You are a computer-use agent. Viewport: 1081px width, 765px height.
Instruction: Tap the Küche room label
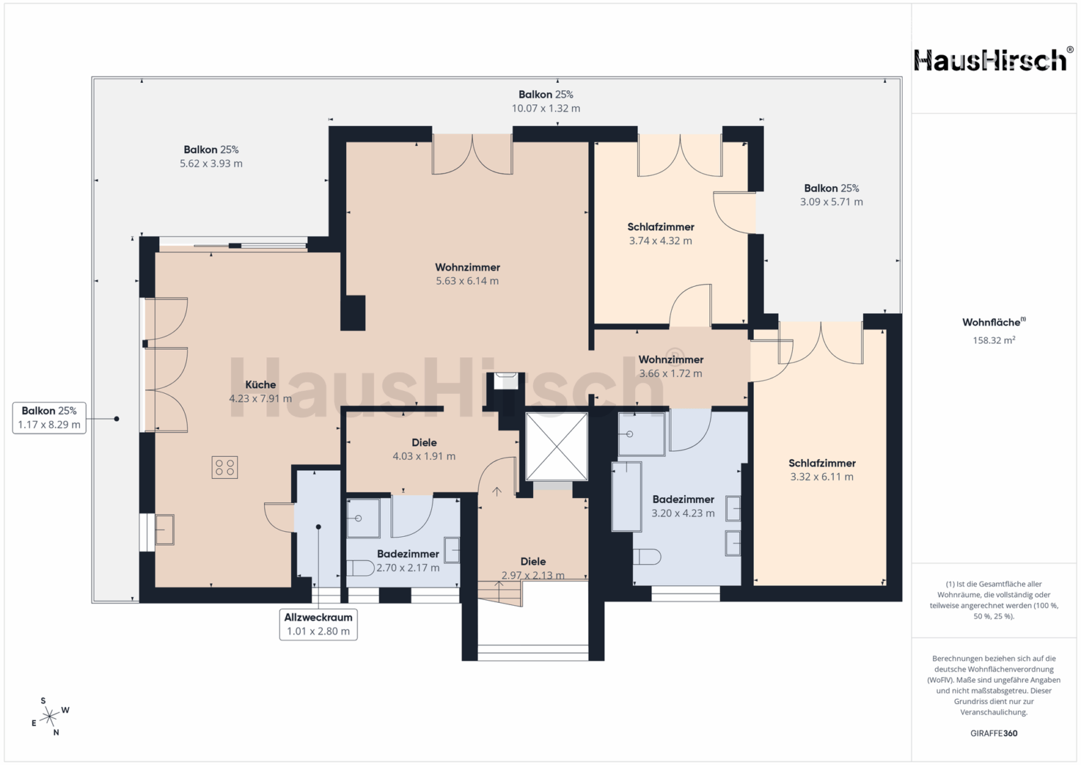[x=261, y=385]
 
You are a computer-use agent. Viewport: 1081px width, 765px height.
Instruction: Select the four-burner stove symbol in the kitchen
[x=225, y=467]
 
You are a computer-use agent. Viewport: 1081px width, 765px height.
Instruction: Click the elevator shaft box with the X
[x=556, y=447]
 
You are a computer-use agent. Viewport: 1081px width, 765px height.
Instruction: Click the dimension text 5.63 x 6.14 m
[x=467, y=281]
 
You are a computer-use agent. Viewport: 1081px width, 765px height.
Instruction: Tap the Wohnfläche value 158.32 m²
[x=994, y=340]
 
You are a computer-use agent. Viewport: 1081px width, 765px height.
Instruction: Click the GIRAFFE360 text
[x=994, y=733]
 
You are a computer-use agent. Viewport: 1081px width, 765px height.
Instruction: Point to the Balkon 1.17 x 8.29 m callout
[x=50, y=418]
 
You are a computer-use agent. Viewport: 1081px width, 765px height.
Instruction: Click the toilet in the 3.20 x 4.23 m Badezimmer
[x=646, y=557]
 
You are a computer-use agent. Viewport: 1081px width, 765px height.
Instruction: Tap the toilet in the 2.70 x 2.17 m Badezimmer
[x=360, y=568]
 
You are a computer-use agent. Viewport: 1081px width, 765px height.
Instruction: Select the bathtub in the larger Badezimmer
[x=627, y=497]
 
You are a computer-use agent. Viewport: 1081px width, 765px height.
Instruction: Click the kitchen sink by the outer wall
[x=164, y=530]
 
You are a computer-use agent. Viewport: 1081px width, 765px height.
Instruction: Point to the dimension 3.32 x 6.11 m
[x=822, y=477]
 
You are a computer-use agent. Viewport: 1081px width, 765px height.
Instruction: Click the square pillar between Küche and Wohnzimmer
[x=353, y=313]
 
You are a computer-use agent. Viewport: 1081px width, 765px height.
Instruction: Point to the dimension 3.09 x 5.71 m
[x=832, y=202]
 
